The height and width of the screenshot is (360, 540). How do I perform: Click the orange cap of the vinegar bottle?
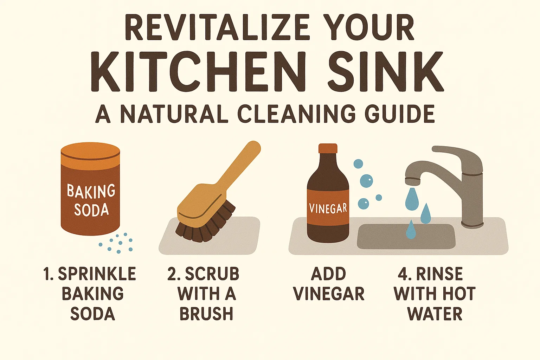click(328, 148)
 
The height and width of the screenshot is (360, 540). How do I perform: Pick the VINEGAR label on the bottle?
click(328, 208)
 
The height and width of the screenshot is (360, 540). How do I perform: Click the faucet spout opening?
click(412, 182)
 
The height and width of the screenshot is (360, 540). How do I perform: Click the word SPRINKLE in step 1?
click(97, 274)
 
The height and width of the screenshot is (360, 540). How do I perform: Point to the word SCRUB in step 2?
click(212, 274)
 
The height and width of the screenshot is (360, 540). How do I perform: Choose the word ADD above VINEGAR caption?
click(329, 274)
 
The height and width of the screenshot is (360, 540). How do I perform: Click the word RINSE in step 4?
click(439, 274)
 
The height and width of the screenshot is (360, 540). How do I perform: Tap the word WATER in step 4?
click(435, 314)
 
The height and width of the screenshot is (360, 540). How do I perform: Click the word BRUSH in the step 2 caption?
click(206, 314)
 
